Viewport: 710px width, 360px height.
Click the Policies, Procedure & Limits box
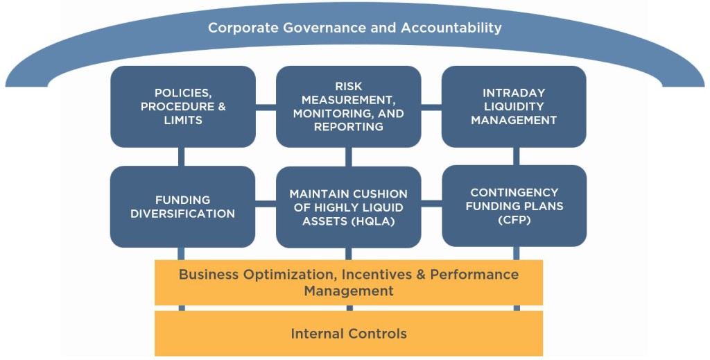click(x=183, y=106)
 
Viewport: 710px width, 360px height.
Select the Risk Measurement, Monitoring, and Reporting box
click(x=349, y=106)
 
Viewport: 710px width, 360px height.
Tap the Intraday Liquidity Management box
click(x=514, y=106)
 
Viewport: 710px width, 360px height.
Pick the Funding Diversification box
click(x=183, y=207)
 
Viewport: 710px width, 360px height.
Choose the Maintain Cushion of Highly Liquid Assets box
click(x=349, y=207)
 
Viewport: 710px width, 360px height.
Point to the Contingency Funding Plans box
click(x=514, y=206)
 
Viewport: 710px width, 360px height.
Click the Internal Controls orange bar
click(x=349, y=333)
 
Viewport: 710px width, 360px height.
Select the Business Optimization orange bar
click(x=349, y=282)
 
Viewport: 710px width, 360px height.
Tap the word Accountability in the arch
click(x=451, y=28)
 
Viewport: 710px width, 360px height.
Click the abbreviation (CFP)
click(x=514, y=220)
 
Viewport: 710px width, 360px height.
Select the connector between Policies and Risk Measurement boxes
click(x=266, y=107)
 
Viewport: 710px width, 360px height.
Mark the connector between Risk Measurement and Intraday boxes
click(x=431, y=107)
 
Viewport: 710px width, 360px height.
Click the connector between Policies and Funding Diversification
click(x=181, y=157)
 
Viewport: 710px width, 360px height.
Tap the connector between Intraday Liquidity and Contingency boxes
click(x=516, y=157)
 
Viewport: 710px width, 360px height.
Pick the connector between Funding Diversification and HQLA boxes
click(x=266, y=204)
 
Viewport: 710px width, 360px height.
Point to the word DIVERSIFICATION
click(x=183, y=214)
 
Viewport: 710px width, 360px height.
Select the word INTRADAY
click(x=514, y=93)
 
